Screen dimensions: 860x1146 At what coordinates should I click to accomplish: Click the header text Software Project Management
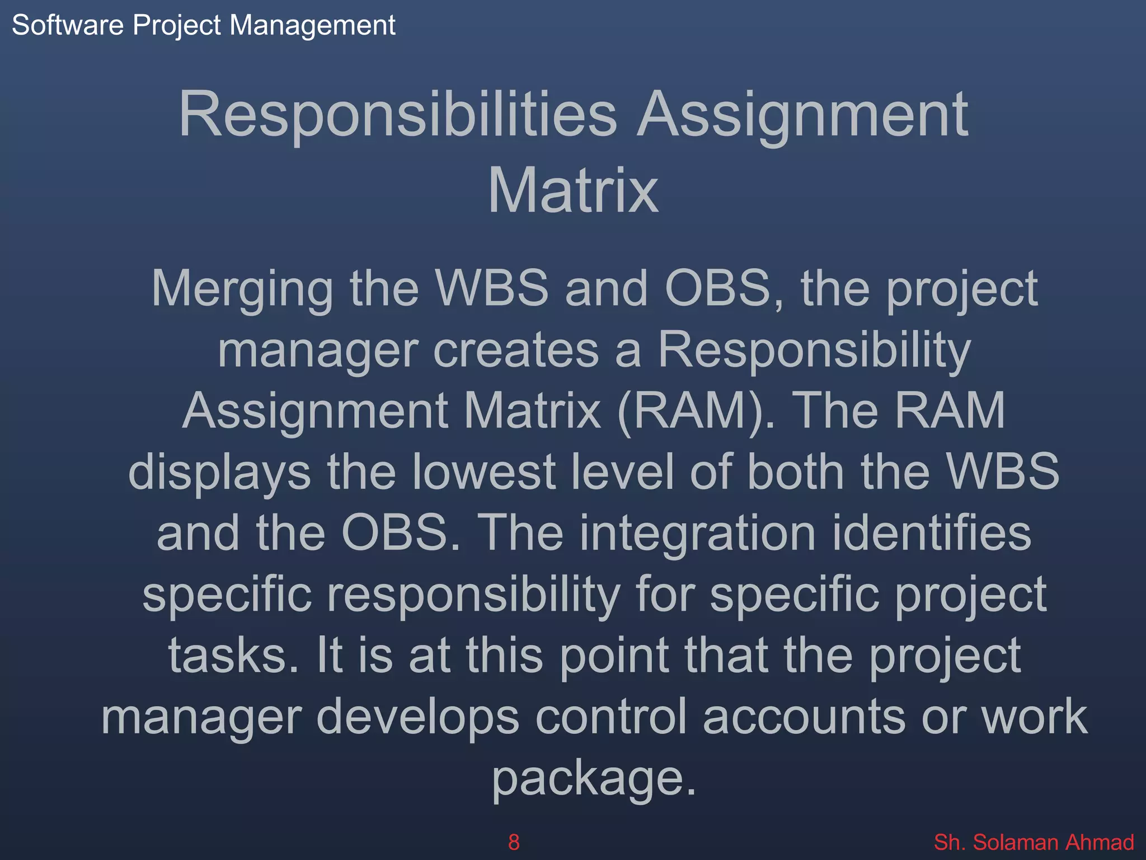click(x=203, y=26)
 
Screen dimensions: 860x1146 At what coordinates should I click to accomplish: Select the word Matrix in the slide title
click(x=573, y=191)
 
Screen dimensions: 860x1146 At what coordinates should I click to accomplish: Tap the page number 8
click(x=513, y=842)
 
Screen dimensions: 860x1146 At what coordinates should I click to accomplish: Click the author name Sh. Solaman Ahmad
click(x=1034, y=842)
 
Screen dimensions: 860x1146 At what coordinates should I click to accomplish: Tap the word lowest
click(x=483, y=472)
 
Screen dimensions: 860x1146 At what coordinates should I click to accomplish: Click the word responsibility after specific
click(x=473, y=596)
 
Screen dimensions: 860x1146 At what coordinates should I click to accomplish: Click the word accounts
click(x=804, y=717)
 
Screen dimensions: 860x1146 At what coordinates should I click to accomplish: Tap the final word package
click(x=593, y=779)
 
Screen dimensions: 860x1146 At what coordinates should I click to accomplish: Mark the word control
click(x=610, y=717)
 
